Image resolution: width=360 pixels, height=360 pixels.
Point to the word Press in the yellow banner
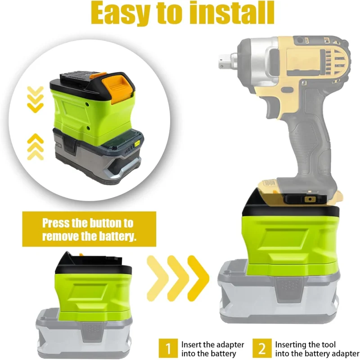pos(57,223)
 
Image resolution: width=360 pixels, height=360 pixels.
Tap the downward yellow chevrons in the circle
pos(35,99)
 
